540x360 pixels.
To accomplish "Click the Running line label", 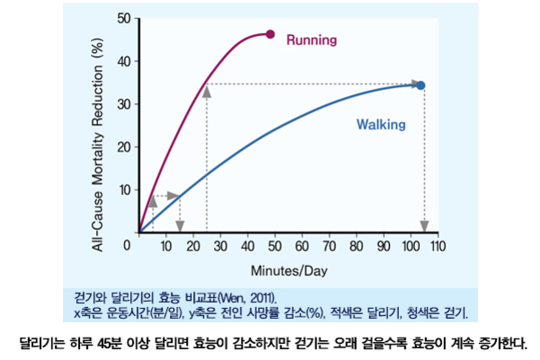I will tap(311, 40).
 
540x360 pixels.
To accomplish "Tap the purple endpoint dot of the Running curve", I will tap(270, 34).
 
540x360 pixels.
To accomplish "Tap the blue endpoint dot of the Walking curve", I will tap(420, 85).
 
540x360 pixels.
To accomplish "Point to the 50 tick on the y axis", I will tap(123, 18).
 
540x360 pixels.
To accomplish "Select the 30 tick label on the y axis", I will tap(123, 104).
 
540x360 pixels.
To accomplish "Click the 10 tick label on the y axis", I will tap(123, 189).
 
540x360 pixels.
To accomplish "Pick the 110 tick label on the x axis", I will tap(438, 246).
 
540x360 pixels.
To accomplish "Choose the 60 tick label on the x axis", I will tap(302, 246).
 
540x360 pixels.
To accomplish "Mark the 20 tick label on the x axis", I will tap(193, 246).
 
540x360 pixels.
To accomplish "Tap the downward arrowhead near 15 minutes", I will tap(180, 226).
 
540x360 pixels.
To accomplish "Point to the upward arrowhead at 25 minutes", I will tap(207, 90).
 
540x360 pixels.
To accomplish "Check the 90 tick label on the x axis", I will tap(384, 246).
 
